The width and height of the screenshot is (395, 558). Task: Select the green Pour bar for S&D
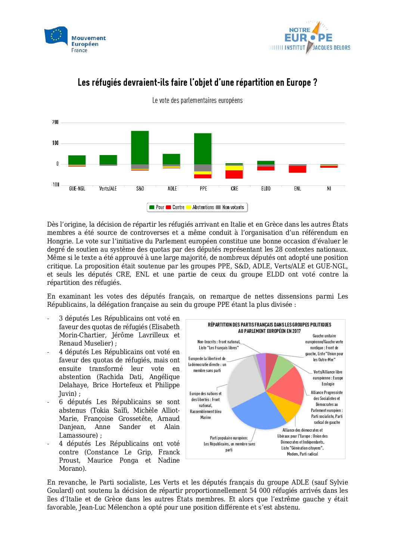(x=140, y=148)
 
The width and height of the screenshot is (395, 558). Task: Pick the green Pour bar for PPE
(x=203, y=149)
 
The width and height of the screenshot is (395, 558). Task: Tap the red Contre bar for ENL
(x=298, y=169)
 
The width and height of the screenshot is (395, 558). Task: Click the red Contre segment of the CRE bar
(x=234, y=174)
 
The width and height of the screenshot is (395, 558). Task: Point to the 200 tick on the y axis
(x=55, y=122)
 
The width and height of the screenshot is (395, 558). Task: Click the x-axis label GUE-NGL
(x=77, y=189)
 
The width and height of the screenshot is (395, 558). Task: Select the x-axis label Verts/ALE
(x=108, y=189)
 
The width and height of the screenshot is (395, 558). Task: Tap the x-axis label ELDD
(x=266, y=189)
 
